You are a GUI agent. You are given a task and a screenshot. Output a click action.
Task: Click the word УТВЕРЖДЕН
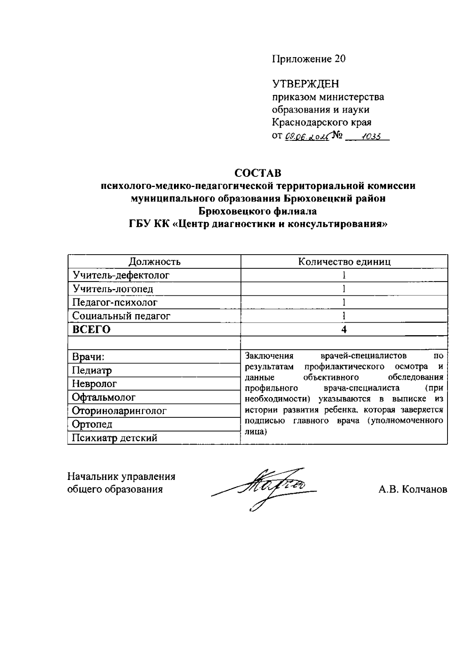[x=305, y=84]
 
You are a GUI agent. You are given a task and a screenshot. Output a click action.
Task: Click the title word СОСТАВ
[x=258, y=173]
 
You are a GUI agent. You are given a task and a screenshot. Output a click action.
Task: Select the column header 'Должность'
[x=154, y=262]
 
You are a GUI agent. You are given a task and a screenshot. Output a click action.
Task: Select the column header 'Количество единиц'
[x=344, y=262]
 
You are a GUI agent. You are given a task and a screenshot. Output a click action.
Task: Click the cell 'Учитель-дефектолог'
[x=121, y=275]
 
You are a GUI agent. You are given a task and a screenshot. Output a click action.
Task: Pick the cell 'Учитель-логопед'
[x=113, y=289]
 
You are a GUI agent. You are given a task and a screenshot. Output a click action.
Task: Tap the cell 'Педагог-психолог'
[x=115, y=302]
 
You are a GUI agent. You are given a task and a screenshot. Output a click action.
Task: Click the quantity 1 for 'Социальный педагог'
[x=344, y=316]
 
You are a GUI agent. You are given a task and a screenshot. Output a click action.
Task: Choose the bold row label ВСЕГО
[x=91, y=329]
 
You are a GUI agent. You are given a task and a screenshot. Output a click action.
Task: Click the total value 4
[x=344, y=329]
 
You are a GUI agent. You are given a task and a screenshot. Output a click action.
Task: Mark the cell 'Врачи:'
[x=88, y=357]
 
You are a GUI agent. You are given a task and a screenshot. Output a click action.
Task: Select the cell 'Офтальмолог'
[x=104, y=397]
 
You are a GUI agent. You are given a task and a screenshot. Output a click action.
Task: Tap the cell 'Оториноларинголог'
[x=119, y=411]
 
